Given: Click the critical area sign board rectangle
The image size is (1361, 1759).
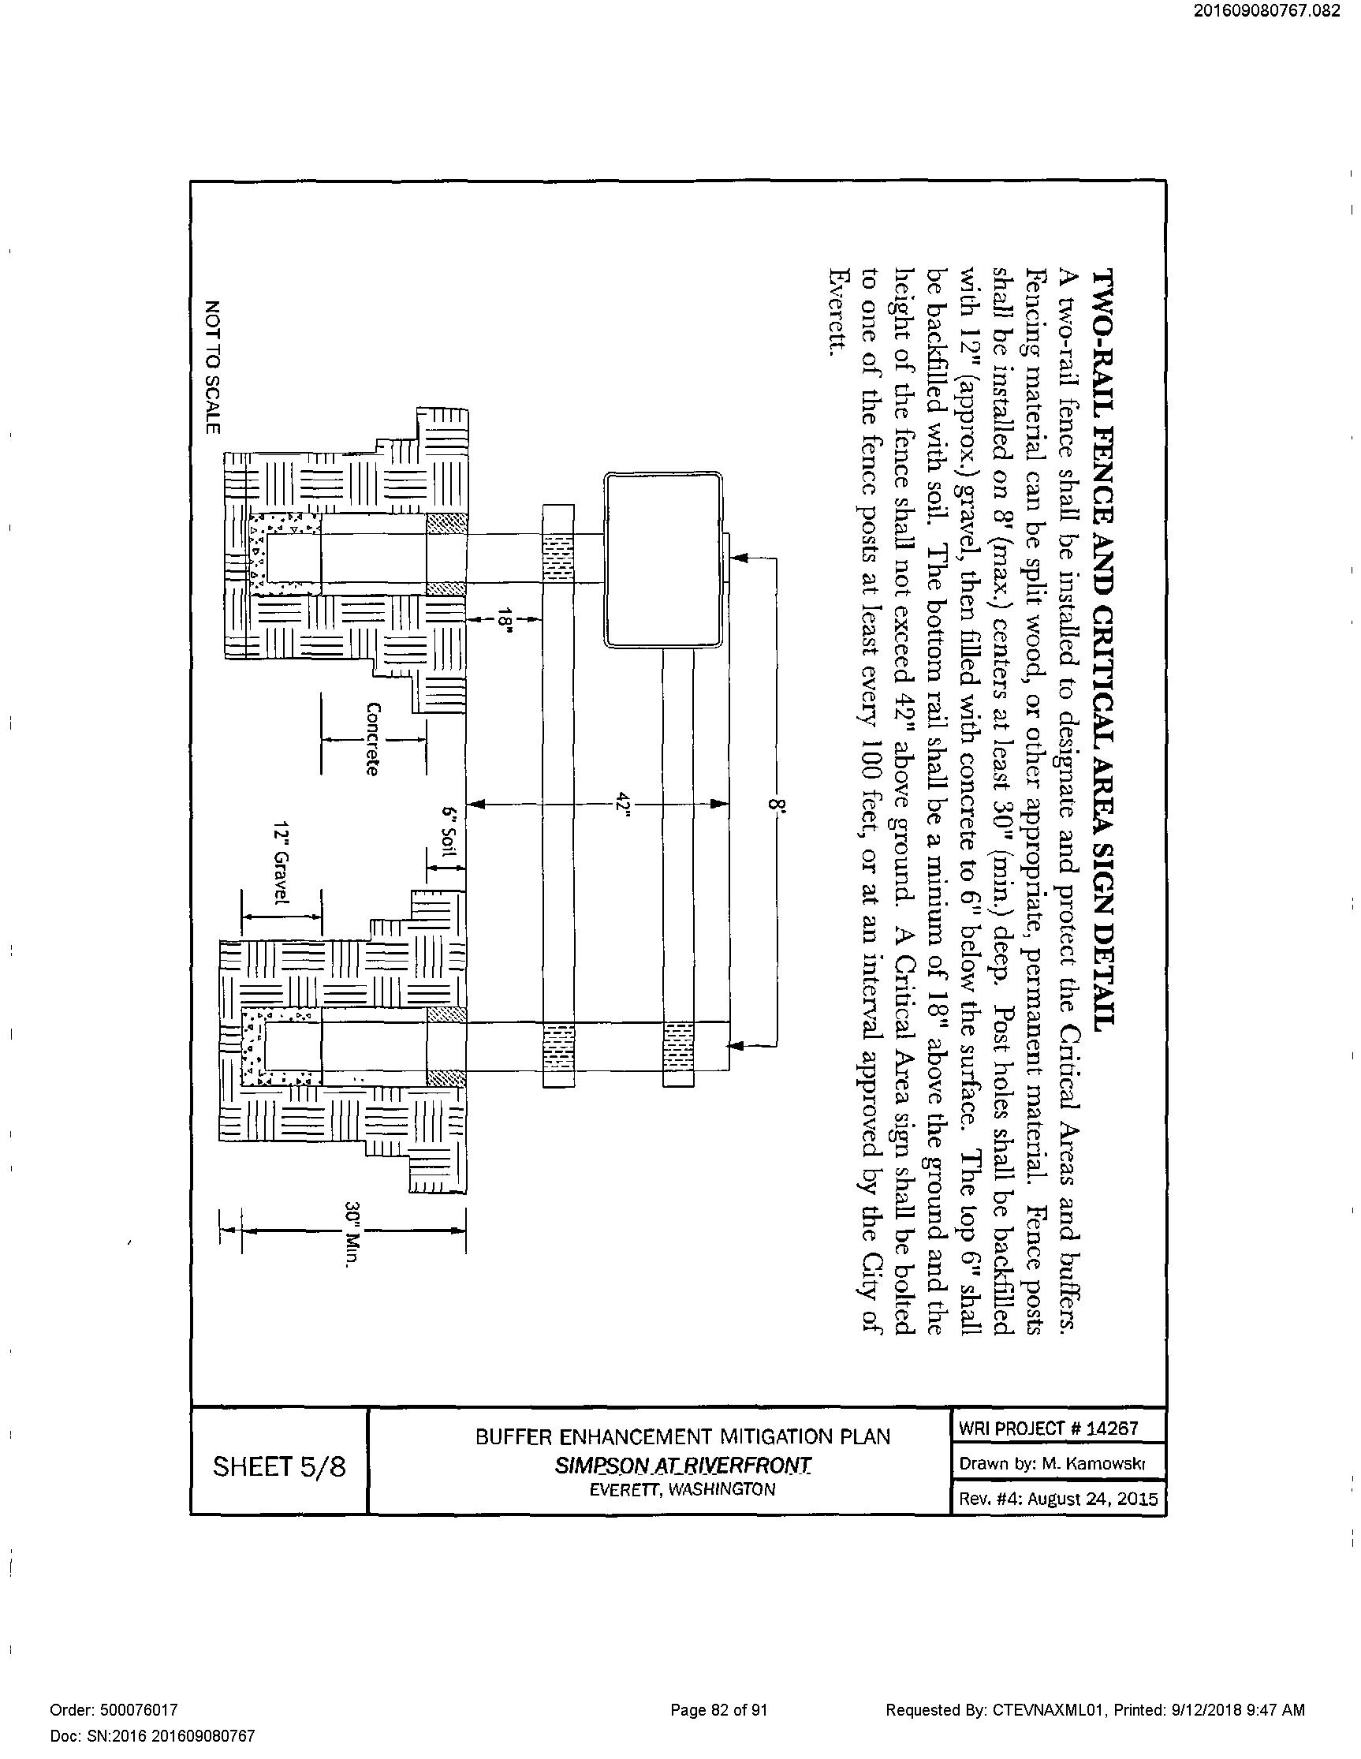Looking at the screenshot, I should click(663, 560).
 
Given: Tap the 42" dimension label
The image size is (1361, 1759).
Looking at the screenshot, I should click(620, 804).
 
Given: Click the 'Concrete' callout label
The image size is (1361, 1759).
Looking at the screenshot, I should click(372, 738).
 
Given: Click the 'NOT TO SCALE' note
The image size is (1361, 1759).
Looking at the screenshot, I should click(212, 368).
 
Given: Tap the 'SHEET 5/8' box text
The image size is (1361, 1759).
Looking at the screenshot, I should click(278, 1466).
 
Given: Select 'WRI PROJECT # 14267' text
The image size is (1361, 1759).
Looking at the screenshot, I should click(1048, 1428).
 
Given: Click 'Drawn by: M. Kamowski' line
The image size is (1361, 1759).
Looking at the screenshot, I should click(1052, 1463).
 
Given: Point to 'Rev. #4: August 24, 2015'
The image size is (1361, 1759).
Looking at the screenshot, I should click(1057, 1499).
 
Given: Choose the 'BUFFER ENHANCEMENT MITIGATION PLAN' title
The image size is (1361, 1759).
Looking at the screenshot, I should click(682, 1436).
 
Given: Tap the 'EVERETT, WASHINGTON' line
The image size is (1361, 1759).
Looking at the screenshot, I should click(682, 1489).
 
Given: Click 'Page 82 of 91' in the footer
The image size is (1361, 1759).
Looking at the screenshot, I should click(718, 1709).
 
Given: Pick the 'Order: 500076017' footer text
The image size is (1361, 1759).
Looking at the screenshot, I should click(114, 1709).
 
